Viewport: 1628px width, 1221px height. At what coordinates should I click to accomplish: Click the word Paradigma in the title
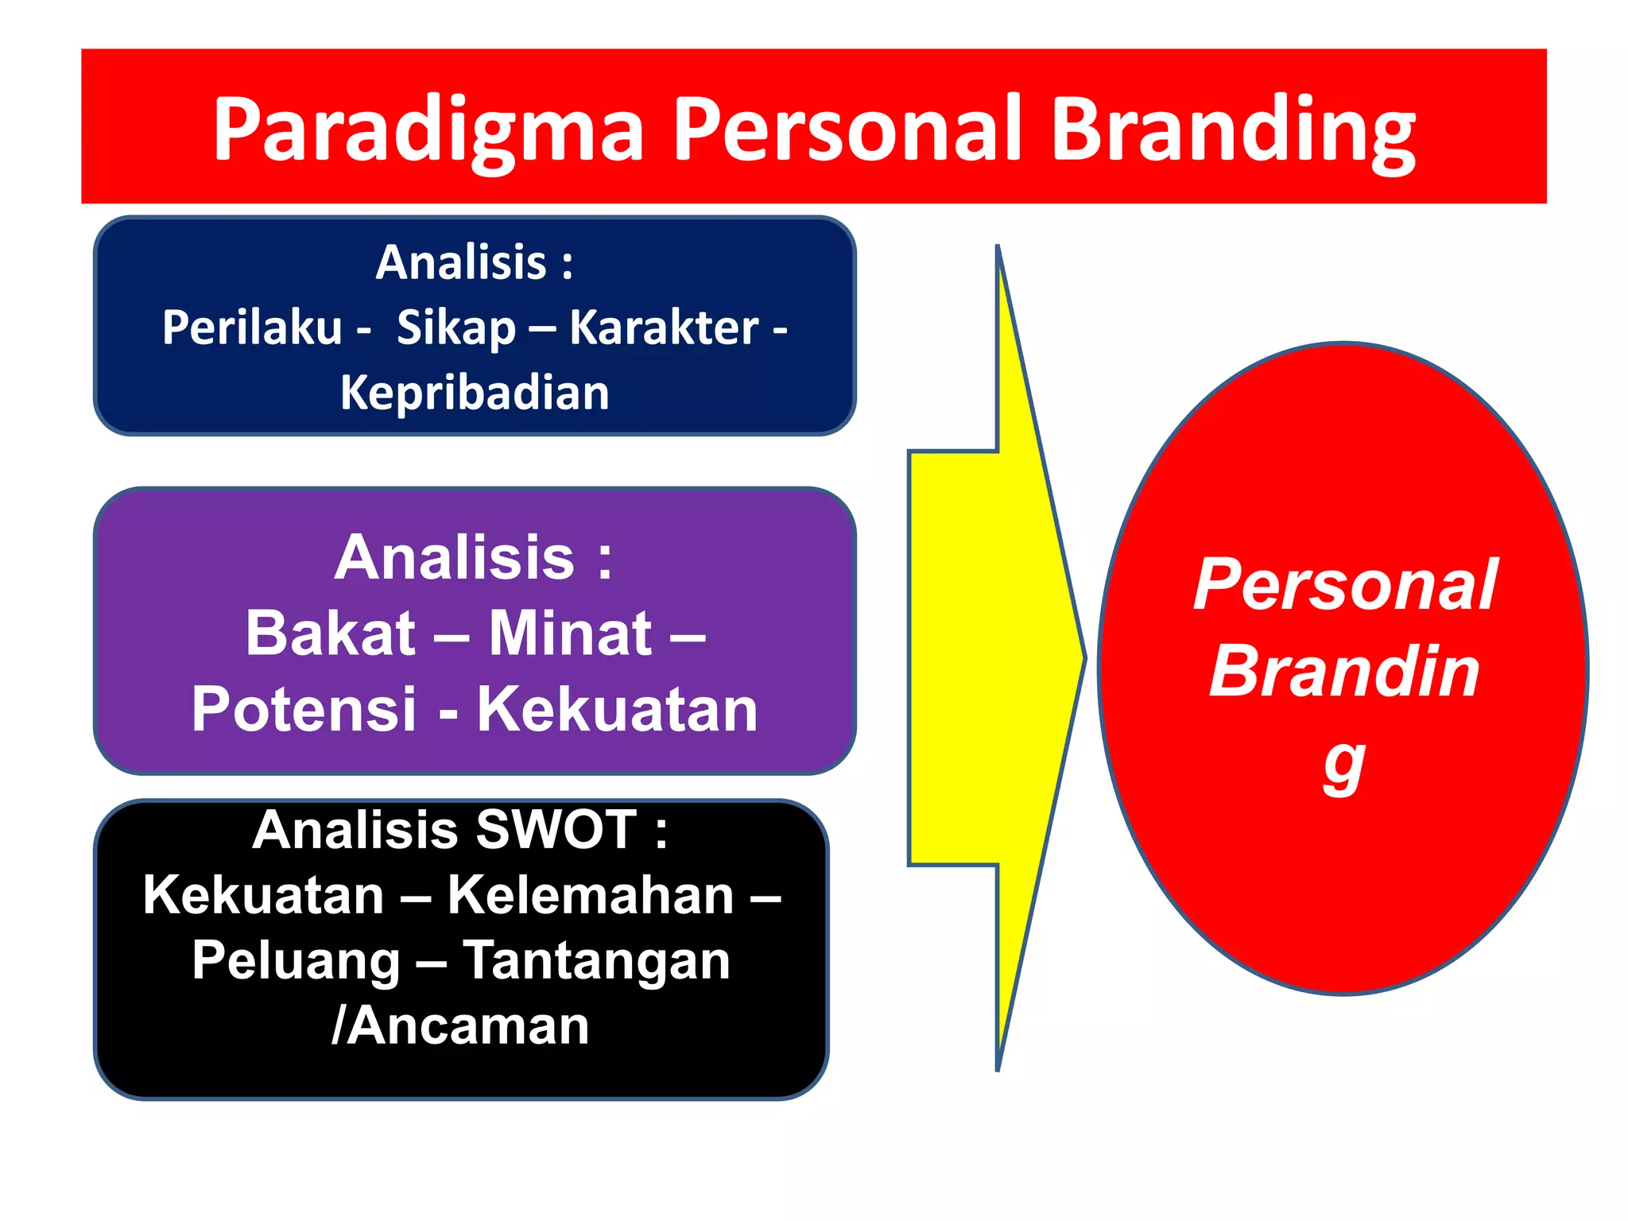pyautogui.click(x=428, y=130)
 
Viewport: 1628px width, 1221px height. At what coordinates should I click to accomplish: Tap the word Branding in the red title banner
pyautogui.click(x=1234, y=130)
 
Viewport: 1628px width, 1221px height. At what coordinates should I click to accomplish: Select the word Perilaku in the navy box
pyautogui.click(x=252, y=328)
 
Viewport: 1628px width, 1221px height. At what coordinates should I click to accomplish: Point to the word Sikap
pyautogui.click(x=456, y=328)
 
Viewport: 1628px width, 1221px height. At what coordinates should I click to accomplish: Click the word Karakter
pyautogui.click(x=665, y=328)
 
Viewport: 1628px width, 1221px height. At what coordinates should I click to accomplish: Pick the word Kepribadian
pyautogui.click(x=475, y=393)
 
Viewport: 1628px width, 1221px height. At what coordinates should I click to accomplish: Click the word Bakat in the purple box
pyautogui.click(x=330, y=634)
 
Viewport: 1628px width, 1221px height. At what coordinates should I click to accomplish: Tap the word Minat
pyautogui.click(x=570, y=634)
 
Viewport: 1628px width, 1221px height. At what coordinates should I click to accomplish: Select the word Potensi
pyautogui.click(x=304, y=709)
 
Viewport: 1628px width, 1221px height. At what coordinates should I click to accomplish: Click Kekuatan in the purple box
pyautogui.click(x=617, y=709)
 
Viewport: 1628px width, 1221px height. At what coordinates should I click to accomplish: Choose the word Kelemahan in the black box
pyautogui.click(x=591, y=896)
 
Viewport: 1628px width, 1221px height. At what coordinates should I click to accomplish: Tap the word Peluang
pyautogui.click(x=296, y=961)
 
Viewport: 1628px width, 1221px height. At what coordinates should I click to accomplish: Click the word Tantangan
pyautogui.click(x=596, y=961)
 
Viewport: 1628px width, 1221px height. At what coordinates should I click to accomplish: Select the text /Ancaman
pyautogui.click(x=460, y=1026)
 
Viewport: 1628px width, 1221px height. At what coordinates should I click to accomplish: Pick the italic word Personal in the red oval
pyautogui.click(x=1345, y=585)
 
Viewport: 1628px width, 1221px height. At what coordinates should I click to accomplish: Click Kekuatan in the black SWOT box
pyautogui.click(x=264, y=896)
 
